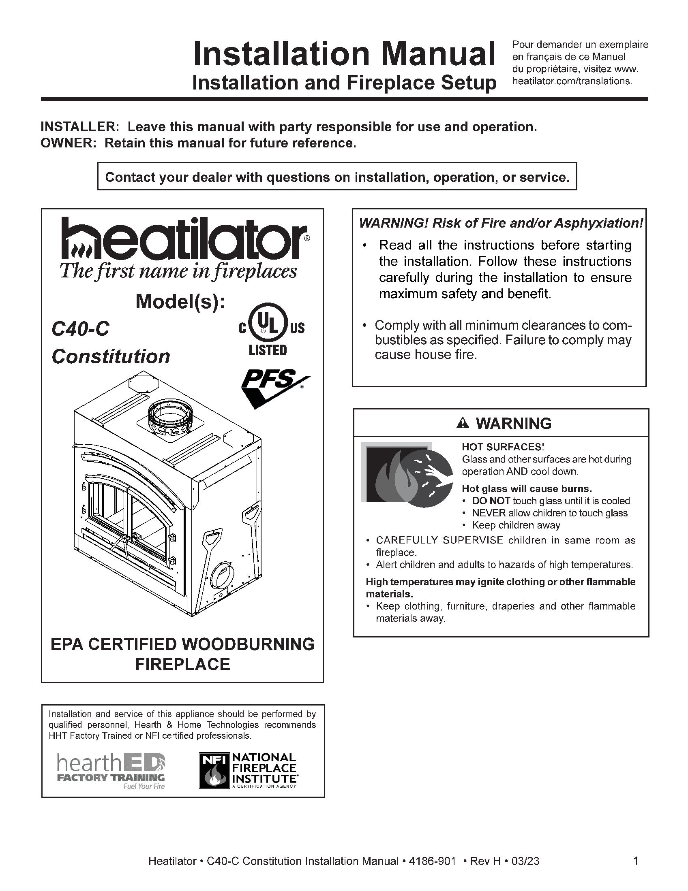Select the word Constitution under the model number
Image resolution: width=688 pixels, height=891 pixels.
[111, 356]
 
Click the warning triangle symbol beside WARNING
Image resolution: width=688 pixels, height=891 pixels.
[463, 424]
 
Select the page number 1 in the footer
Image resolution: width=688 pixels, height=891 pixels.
[635, 861]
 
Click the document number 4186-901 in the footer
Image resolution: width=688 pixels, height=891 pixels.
[432, 861]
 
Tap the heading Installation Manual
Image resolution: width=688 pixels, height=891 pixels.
[344, 54]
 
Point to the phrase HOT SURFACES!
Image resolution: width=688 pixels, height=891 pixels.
[503, 447]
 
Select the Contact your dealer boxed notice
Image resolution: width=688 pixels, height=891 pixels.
[337, 177]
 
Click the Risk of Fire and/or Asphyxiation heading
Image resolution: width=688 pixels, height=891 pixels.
[501, 223]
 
